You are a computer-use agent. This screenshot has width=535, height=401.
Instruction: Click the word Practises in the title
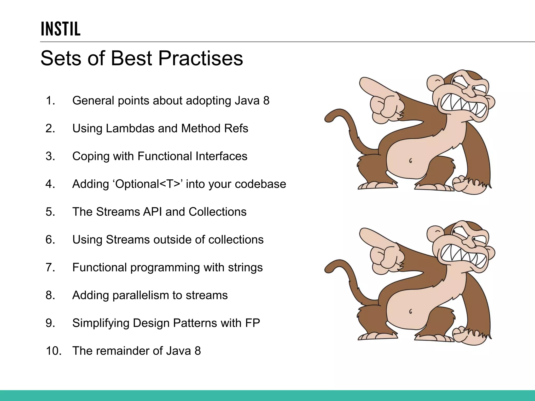(200, 58)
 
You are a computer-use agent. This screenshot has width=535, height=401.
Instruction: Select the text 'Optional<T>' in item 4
(148, 184)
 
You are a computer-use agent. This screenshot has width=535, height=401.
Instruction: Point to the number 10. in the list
(54, 351)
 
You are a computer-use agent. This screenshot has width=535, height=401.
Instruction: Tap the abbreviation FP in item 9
(252, 323)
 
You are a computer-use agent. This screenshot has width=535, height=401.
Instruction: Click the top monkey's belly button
(410, 161)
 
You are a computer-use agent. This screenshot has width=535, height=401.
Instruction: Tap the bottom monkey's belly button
(410, 311)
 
